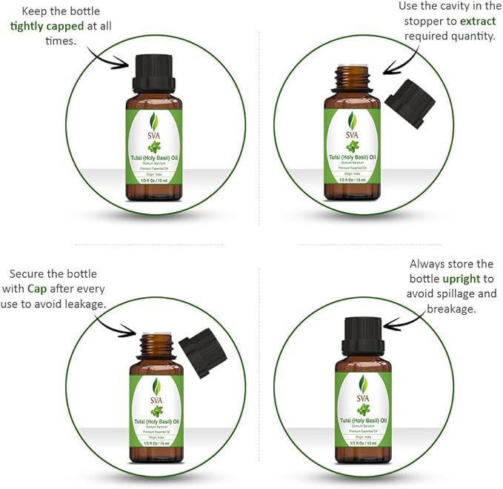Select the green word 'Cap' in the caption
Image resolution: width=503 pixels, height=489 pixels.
coord(39,289)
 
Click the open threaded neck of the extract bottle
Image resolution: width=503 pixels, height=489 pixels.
coord(350,77)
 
